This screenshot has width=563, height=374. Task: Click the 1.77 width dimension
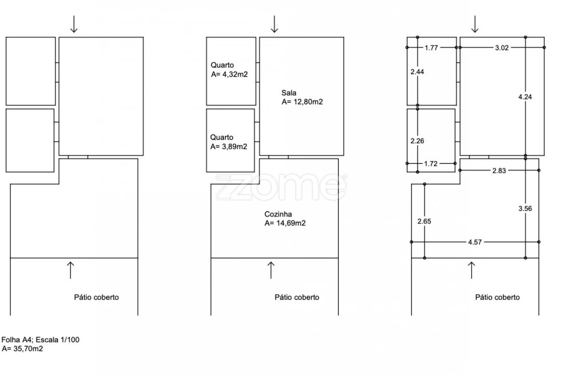pos(431,48)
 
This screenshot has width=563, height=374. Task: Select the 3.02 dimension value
pos(502,48)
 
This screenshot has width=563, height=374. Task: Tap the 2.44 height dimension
pos(417,72)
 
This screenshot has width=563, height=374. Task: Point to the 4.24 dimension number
pos(525,97)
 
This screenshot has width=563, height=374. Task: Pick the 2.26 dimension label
pos(417,141)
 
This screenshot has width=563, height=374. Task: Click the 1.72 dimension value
pos(431,164)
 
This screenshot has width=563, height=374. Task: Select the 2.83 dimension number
pos(499,171)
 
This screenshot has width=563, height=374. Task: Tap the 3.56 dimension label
pos(525,208)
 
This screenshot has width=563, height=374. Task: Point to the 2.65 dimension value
pos(424,221)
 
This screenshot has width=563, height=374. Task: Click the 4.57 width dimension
pos(475,242)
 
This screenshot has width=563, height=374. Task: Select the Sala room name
pos(289,92)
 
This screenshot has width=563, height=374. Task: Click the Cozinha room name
pos(278,214)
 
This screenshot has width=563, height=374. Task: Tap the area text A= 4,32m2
pos(229,74)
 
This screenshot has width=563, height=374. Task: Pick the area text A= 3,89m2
pos(229,146)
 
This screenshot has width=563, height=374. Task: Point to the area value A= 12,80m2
pos(303,102)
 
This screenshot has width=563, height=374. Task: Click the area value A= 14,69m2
pos(285,223)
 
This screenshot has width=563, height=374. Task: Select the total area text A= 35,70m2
pos(22,349)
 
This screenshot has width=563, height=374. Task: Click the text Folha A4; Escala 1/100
pos(40,340)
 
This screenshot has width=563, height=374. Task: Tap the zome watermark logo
pos(281,187)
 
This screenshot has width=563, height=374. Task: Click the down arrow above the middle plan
pos(274,24)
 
